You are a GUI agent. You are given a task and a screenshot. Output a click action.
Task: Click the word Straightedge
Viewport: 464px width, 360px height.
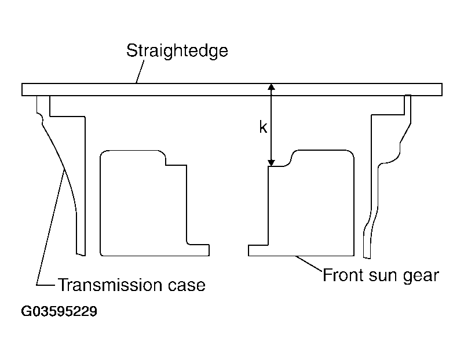[x=177, y=51]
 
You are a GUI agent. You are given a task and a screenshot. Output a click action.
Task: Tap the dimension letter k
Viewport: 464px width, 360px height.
[x=263, y=127]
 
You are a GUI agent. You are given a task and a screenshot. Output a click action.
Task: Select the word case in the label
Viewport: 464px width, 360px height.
[x=187, y=286]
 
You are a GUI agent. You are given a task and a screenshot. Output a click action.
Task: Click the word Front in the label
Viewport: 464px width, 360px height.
[x=343, y=275]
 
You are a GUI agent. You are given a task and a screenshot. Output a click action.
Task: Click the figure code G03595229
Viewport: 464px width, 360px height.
[x=59, y=311]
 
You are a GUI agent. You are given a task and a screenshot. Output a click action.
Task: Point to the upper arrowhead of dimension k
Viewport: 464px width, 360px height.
[x=271, y=87]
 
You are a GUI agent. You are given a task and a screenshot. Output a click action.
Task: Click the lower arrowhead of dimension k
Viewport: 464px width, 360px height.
[x=271, y=163]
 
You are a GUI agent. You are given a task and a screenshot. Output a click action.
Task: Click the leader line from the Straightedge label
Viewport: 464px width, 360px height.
[x=140, y=72]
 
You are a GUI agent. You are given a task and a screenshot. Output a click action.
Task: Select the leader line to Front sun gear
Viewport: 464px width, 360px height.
[x=309, y=263]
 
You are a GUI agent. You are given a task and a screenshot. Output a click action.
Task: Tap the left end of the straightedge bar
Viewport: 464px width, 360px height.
[x=22, y=89]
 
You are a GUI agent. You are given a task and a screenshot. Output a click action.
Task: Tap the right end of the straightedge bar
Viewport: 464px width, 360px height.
[x=442, y=89]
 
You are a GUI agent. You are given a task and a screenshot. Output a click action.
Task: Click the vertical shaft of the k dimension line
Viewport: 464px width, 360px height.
[x=271, y=125]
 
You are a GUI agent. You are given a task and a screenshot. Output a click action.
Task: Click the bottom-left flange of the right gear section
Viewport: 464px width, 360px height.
[x=258, y=250]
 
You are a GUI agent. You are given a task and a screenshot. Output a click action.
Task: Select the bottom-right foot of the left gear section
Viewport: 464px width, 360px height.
[x=198, y=250]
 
